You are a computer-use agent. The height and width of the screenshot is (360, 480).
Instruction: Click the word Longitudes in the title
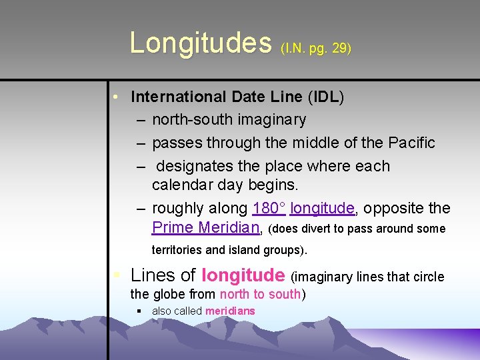[x=201, y=43]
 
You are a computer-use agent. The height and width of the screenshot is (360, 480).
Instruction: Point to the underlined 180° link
[x=269, y=208]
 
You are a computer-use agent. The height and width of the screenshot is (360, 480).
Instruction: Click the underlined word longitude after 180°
[x=322, y=209]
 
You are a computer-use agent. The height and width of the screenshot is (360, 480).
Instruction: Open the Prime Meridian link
[x=205, y=227]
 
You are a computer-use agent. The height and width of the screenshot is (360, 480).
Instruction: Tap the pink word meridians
[x=230, y=311]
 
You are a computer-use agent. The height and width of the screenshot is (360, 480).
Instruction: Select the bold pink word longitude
[x=243, y=275]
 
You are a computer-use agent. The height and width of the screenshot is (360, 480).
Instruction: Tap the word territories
[x=179, y=251]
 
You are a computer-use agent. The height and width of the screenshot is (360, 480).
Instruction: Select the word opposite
[x=394, y=208]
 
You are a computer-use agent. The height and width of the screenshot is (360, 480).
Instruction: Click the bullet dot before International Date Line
[x=116, y=97]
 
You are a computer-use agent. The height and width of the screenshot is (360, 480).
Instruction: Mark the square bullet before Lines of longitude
[x=117, y=275]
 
